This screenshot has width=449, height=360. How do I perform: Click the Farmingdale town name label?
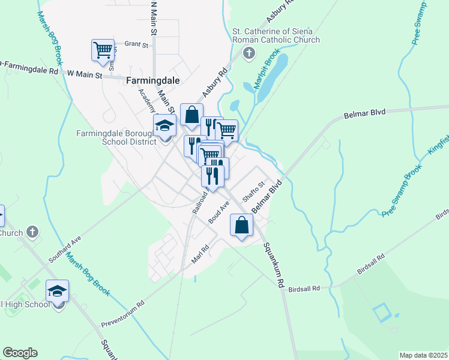(154, 80)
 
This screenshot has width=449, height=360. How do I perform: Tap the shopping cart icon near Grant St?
(103, 49)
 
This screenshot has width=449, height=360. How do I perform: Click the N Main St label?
(154, 18)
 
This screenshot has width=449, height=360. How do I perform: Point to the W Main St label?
(85, 73)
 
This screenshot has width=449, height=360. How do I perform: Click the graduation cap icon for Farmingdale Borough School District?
(164, 126)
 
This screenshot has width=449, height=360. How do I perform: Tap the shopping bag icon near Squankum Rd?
(241, 225)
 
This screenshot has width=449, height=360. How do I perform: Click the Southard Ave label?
(65, 247)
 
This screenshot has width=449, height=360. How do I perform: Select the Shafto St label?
(253, 193)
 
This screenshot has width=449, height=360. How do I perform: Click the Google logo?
(20, 353)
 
